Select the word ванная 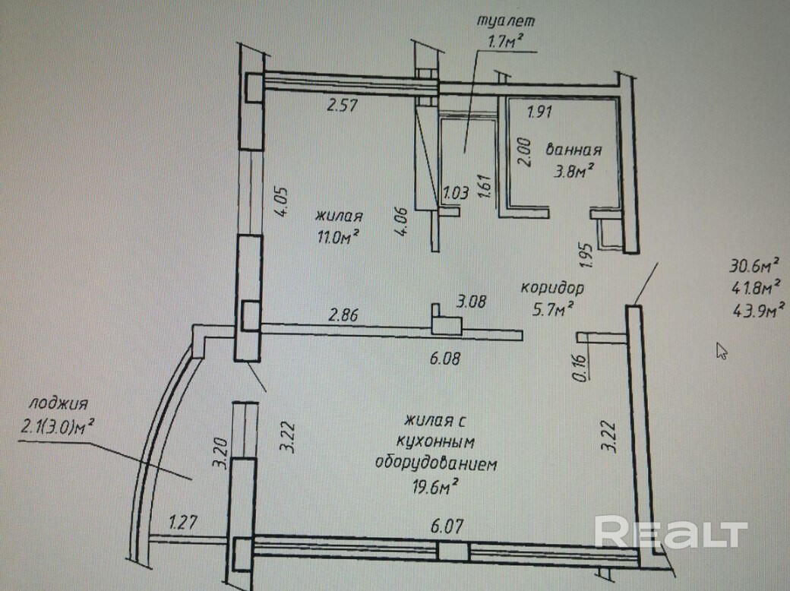coord(574,150)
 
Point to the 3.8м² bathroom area coord(572,171)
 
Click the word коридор coord(552,288)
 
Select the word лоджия coord(58,403)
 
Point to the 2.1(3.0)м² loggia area coord(56,427)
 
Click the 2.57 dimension coord(342,106)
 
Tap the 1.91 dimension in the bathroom coord(539,112)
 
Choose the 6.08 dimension coord(445,359)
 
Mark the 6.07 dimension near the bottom coord(447,526)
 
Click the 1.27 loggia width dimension coord(183,522)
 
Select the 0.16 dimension coord(580,368)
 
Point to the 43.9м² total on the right coord(759,309)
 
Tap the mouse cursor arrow coord(722,351)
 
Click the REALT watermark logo coord(671,532)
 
